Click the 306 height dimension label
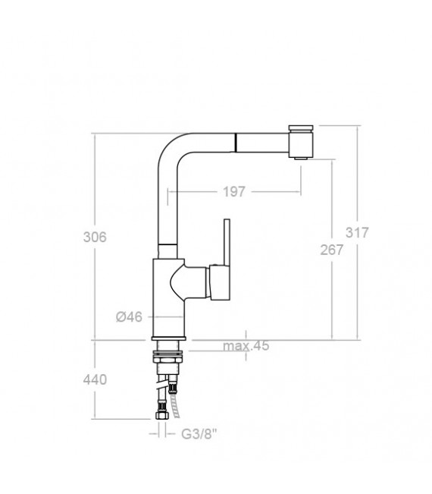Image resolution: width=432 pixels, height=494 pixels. tap(95, 237)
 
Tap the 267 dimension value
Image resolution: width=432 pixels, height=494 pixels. tap(332, 251)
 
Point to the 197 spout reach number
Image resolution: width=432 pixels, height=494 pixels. tap(234, 192)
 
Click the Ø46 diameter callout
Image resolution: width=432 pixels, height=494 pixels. tap(130, 317)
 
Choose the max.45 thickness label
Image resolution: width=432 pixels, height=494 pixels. tap(246, 347)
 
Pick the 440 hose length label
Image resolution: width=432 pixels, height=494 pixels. tap(95, 379)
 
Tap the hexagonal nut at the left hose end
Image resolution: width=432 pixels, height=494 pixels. tap(161, 415)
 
